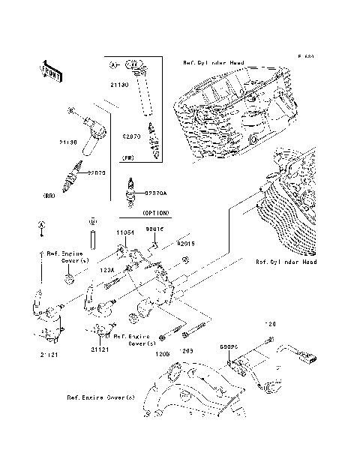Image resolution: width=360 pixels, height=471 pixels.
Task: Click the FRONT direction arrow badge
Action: coord(50,70)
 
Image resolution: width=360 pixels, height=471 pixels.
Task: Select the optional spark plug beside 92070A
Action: coord(133,193)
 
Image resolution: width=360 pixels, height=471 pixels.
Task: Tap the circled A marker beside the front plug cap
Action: coord(115,66)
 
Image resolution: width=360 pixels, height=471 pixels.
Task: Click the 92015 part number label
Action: coord(185,244)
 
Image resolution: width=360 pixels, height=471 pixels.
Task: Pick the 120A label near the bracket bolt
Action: coord(106,268)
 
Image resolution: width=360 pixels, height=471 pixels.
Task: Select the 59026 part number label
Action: coord(229,347)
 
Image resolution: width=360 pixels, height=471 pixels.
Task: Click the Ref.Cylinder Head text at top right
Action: coord(213,64)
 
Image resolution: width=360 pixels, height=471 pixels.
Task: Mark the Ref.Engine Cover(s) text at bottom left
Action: coord(100,397)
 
